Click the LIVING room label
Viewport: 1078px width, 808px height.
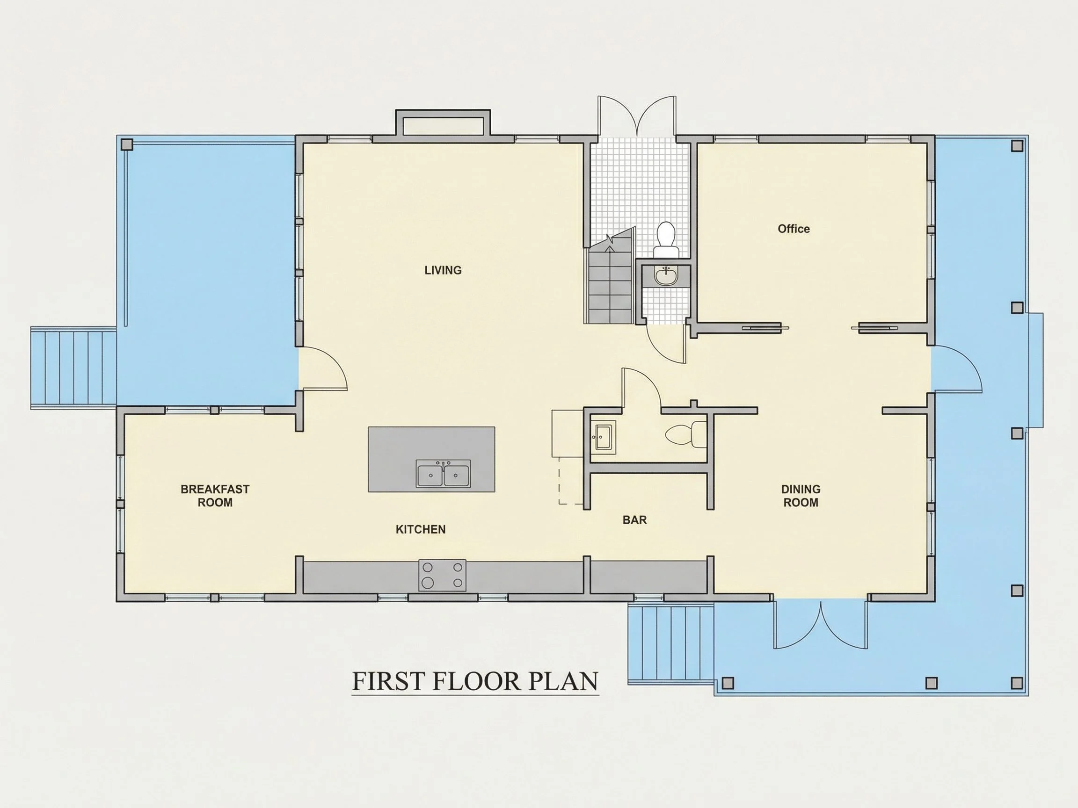443,270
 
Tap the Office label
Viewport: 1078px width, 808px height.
794,229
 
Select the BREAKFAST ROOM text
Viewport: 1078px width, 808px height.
215,495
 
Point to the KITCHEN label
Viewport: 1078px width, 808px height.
421,529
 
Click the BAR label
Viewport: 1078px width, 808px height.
634,519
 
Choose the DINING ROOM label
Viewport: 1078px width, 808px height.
801,495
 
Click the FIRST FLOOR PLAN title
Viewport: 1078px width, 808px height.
475,681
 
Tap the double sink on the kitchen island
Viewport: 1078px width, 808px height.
443,473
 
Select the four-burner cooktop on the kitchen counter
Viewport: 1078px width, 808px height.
442,575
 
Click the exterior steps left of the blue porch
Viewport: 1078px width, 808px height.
73,368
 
